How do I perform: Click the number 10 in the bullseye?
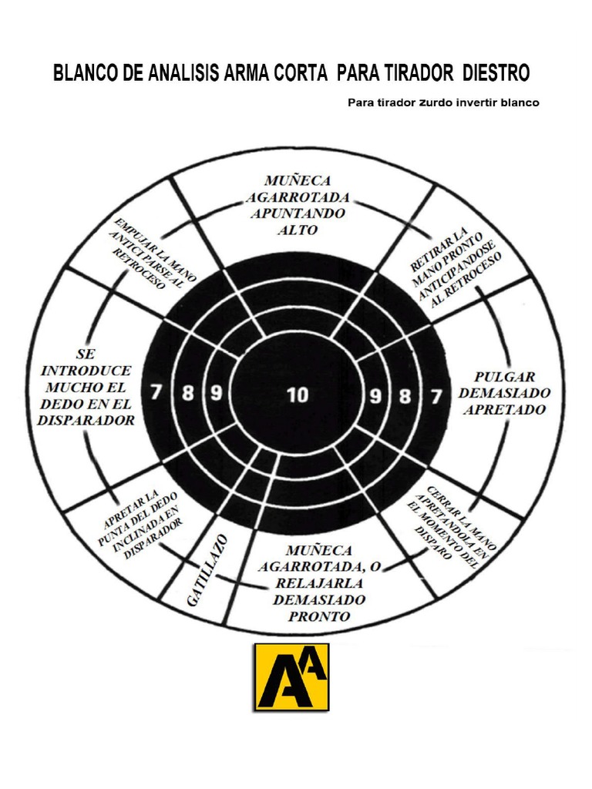[x=297, y=395]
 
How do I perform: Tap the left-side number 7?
[x=156, y=392]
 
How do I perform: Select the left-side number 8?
[x=187, y=393]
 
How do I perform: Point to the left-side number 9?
[x=217, y=393]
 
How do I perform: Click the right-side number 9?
[x=375, y=398]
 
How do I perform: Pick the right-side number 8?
[x=405, y=398]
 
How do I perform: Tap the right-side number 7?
[x=436, y=398]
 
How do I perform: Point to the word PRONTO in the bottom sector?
[x=318, y=616]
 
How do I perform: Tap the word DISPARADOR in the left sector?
[x=86, y=420]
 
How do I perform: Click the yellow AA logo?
[x=292, y=677]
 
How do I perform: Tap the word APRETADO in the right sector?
[x=503, y=410]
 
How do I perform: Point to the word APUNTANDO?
[x=297, y=213]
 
